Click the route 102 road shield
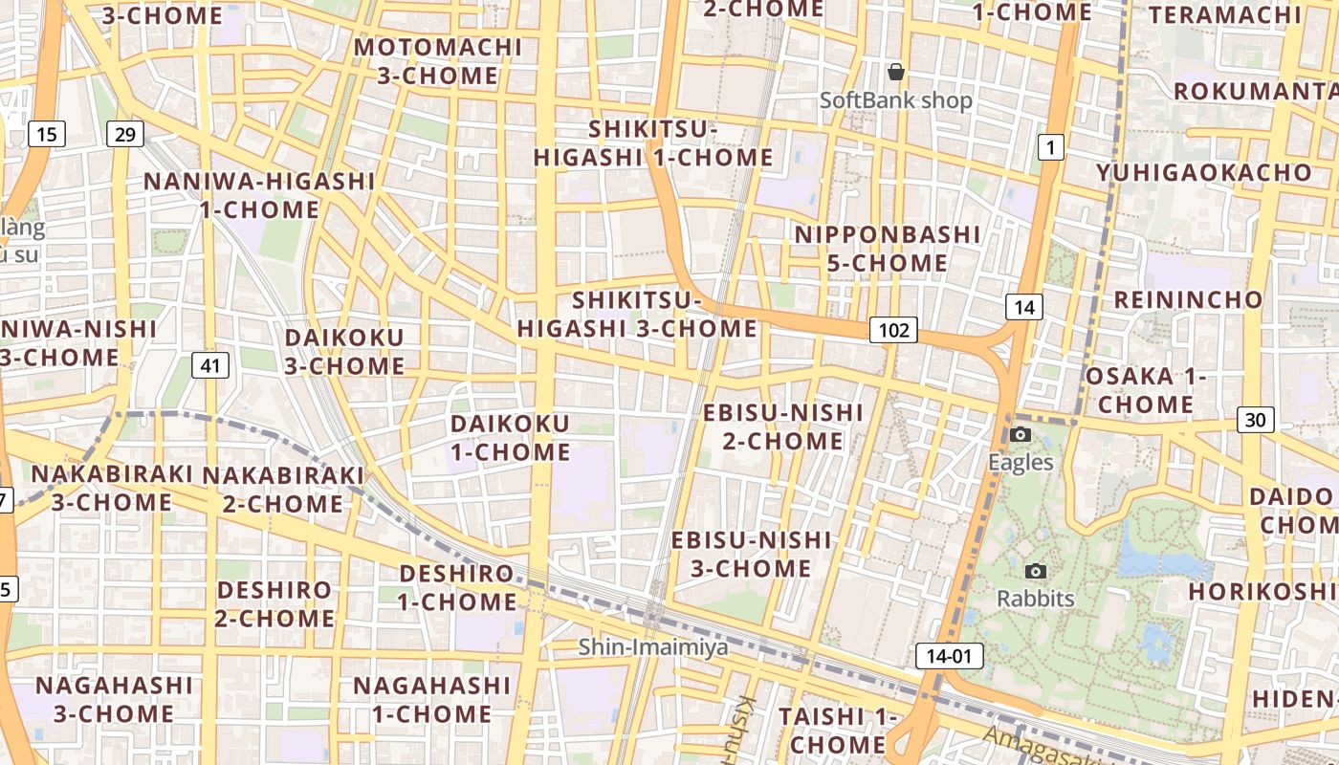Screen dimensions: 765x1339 tap(893, 330)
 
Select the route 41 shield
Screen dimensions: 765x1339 tap(210, 364)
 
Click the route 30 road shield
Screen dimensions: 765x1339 tap(1255, 419)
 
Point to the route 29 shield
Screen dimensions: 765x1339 tap(124, 134)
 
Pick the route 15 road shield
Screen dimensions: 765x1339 tap(47, 134)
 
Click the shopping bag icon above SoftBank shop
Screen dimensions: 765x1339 tap(896, 72)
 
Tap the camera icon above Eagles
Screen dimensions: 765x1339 tap(1021, 435)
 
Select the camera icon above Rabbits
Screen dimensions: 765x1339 tap(1035, 572)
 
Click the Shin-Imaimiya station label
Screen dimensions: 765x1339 tap(653, 647)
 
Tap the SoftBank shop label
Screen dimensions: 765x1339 tap(896, 100)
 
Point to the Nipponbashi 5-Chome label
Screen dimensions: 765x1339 tap(888, 249)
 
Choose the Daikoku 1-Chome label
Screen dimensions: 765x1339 tap(510, 437)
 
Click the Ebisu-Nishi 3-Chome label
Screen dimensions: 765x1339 tap(751, 555)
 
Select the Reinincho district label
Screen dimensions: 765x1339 tap(1188, 299)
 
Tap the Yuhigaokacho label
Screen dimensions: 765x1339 tap(1204, 173)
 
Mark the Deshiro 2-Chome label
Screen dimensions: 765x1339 tap(274, 603)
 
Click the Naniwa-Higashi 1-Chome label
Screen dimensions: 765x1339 tap(259, 195)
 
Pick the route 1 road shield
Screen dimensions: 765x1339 tap(1050, 147)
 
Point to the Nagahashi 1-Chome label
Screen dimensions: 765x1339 tap(432, 699)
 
